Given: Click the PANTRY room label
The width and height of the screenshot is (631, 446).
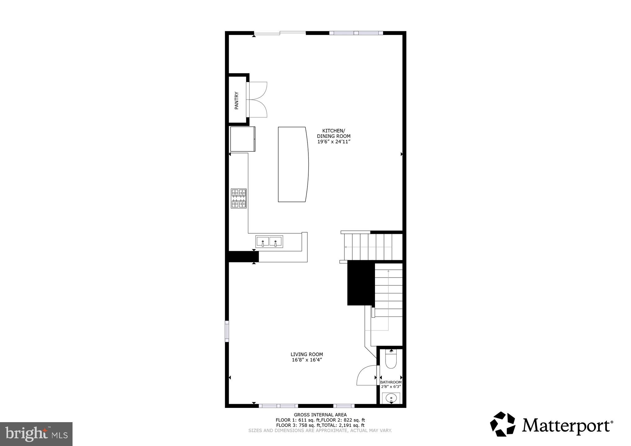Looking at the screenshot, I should click(x=236, y=100).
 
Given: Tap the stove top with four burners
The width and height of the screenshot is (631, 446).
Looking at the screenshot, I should click(x=239, y=198).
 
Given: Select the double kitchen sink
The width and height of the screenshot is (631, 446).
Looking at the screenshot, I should click(x=269, y=242).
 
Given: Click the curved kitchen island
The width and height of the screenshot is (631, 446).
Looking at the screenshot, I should click(x=293, y=164).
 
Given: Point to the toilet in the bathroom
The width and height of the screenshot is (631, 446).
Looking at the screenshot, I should click(x=391, y=360).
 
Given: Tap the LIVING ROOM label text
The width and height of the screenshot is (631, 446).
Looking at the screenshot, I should click(x=307, y=354).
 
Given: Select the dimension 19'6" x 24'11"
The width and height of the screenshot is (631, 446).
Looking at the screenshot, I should click(x=333, y=142).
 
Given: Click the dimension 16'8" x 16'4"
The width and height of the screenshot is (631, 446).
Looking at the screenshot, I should click(x=307, y=360).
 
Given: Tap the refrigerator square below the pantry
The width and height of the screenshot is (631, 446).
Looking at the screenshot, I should click(x=242, y=139).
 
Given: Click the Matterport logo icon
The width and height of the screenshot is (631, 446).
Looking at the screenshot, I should click(x=502, y=424).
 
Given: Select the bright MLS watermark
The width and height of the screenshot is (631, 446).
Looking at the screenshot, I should click(x=36, y=434).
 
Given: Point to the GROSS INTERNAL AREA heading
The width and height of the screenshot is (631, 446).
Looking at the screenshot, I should click(x=320, y=415).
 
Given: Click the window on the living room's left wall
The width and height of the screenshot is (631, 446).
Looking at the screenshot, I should click(x=227, y=331).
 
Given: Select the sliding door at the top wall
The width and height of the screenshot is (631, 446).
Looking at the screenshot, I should click(x=280, y=33).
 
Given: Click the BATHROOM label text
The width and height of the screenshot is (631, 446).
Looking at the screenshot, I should click(x=391, y=382).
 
